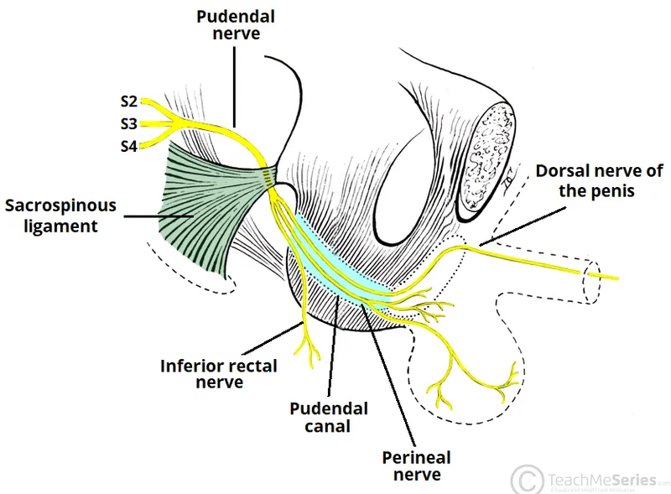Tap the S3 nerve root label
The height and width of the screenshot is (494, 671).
click(x=128, y=124)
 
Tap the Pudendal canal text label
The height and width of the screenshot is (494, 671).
click(x=329, y=418)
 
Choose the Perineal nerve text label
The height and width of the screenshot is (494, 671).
click(x=416, y=466)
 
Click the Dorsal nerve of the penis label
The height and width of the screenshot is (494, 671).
click(x=599, y=180)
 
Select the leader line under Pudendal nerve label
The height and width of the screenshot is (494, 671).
click(x=235, y=84)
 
